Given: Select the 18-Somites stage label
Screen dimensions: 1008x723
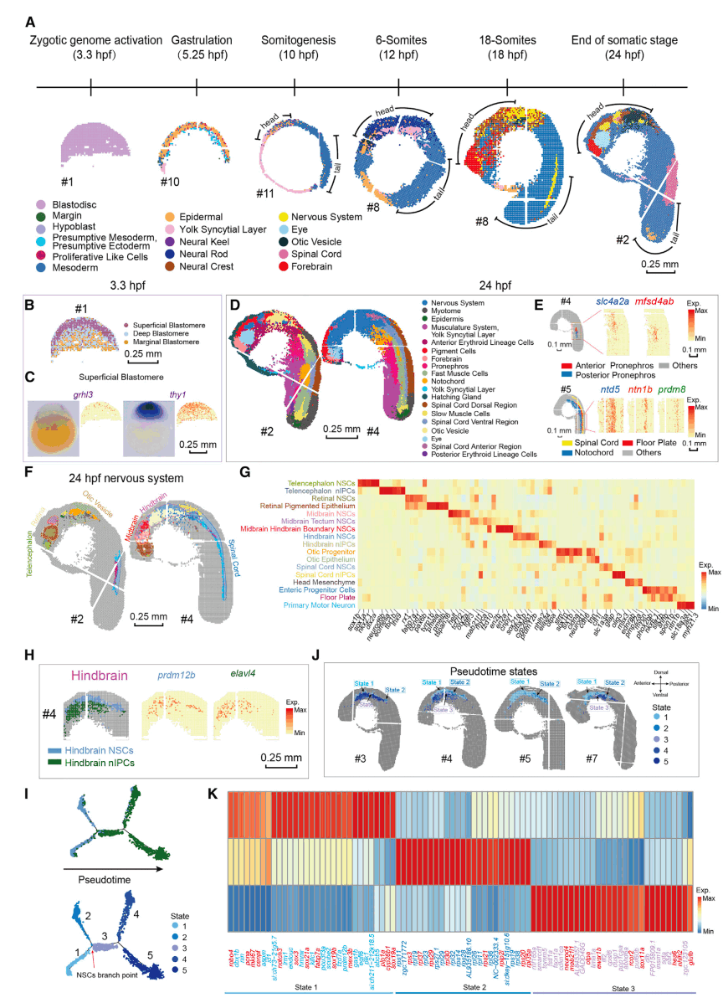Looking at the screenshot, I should (507, 48).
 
